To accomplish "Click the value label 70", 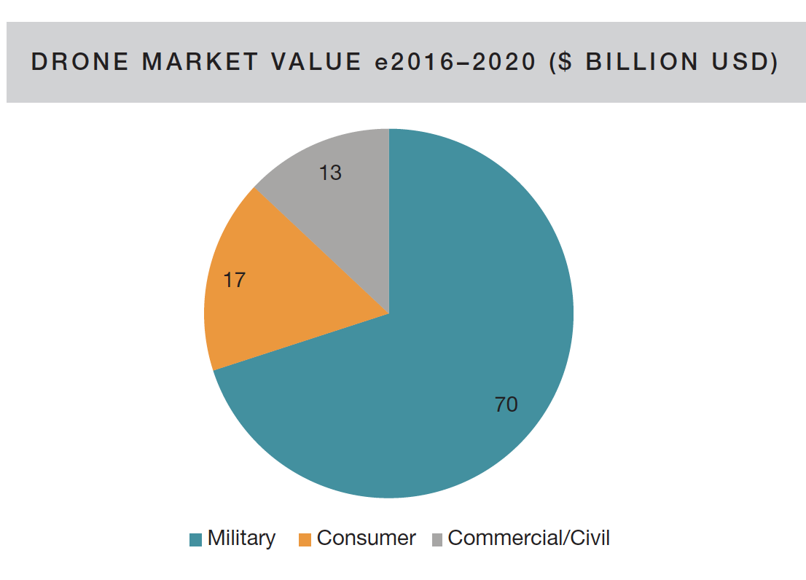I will [506, 404].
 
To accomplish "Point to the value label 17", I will [234, 280].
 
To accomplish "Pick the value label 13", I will [330, 173].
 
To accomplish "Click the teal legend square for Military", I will [195, 540].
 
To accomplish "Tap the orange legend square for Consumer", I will [305, 540].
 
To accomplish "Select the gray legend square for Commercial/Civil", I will [437, 540].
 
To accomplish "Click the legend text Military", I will [241, 538].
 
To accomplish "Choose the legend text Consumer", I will [366, 538].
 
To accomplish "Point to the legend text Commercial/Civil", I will [528, 538].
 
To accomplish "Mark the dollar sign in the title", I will [567, 63].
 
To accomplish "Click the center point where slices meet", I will [388, 314].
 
